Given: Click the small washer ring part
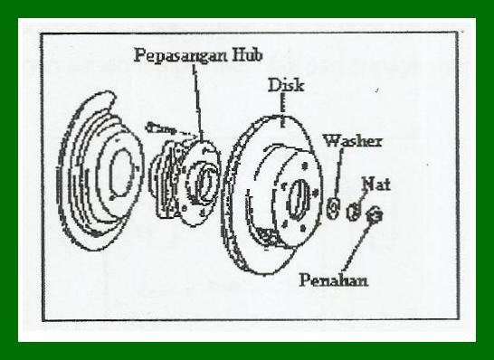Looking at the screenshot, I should pyautogui.click(x=333, y=208).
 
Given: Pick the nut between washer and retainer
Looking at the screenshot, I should pyautogui.click(x=355, y=213).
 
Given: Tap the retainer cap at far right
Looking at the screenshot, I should pyautogui.click(x=378, y=216).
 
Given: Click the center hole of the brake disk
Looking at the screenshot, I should pyautogui.click(x=298, y=196).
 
